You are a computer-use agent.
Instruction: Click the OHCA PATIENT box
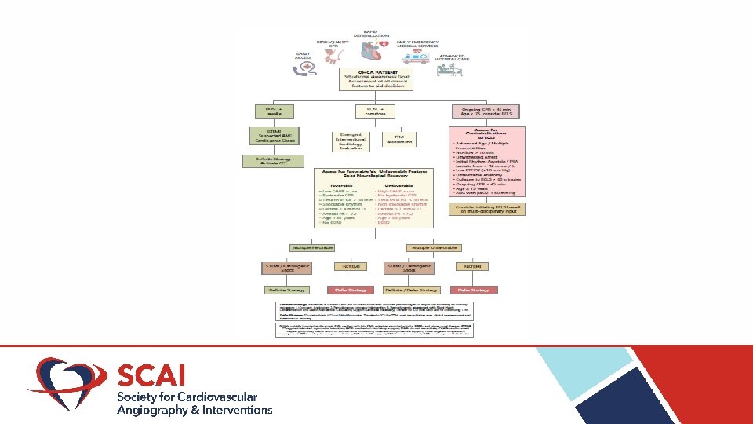(376, 79)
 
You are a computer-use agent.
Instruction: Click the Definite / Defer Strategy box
(409, 290)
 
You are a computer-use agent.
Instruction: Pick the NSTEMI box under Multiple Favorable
(351, 267)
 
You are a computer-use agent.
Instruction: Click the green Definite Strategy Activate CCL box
(269, 163)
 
